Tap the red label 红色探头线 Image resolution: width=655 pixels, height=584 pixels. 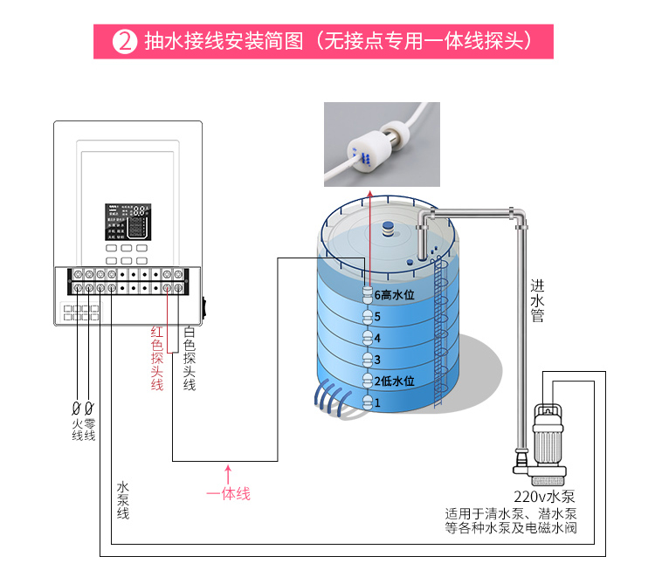click(x=157, y=358)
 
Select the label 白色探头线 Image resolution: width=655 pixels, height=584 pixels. click(x=189, y=358)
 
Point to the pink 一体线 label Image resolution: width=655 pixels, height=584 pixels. click(x=228, y=494)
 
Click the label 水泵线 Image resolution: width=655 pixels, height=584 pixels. click(x=123, y=500)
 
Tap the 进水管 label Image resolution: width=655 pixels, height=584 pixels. click(x=537, y=300)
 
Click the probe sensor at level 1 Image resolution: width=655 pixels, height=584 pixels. click(x=368, y=402)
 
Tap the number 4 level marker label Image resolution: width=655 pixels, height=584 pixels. click(x=378, y=338)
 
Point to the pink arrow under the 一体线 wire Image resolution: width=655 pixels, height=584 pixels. click(x=228, y=473)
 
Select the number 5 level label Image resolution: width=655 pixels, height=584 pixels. click(x=378, y=316)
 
